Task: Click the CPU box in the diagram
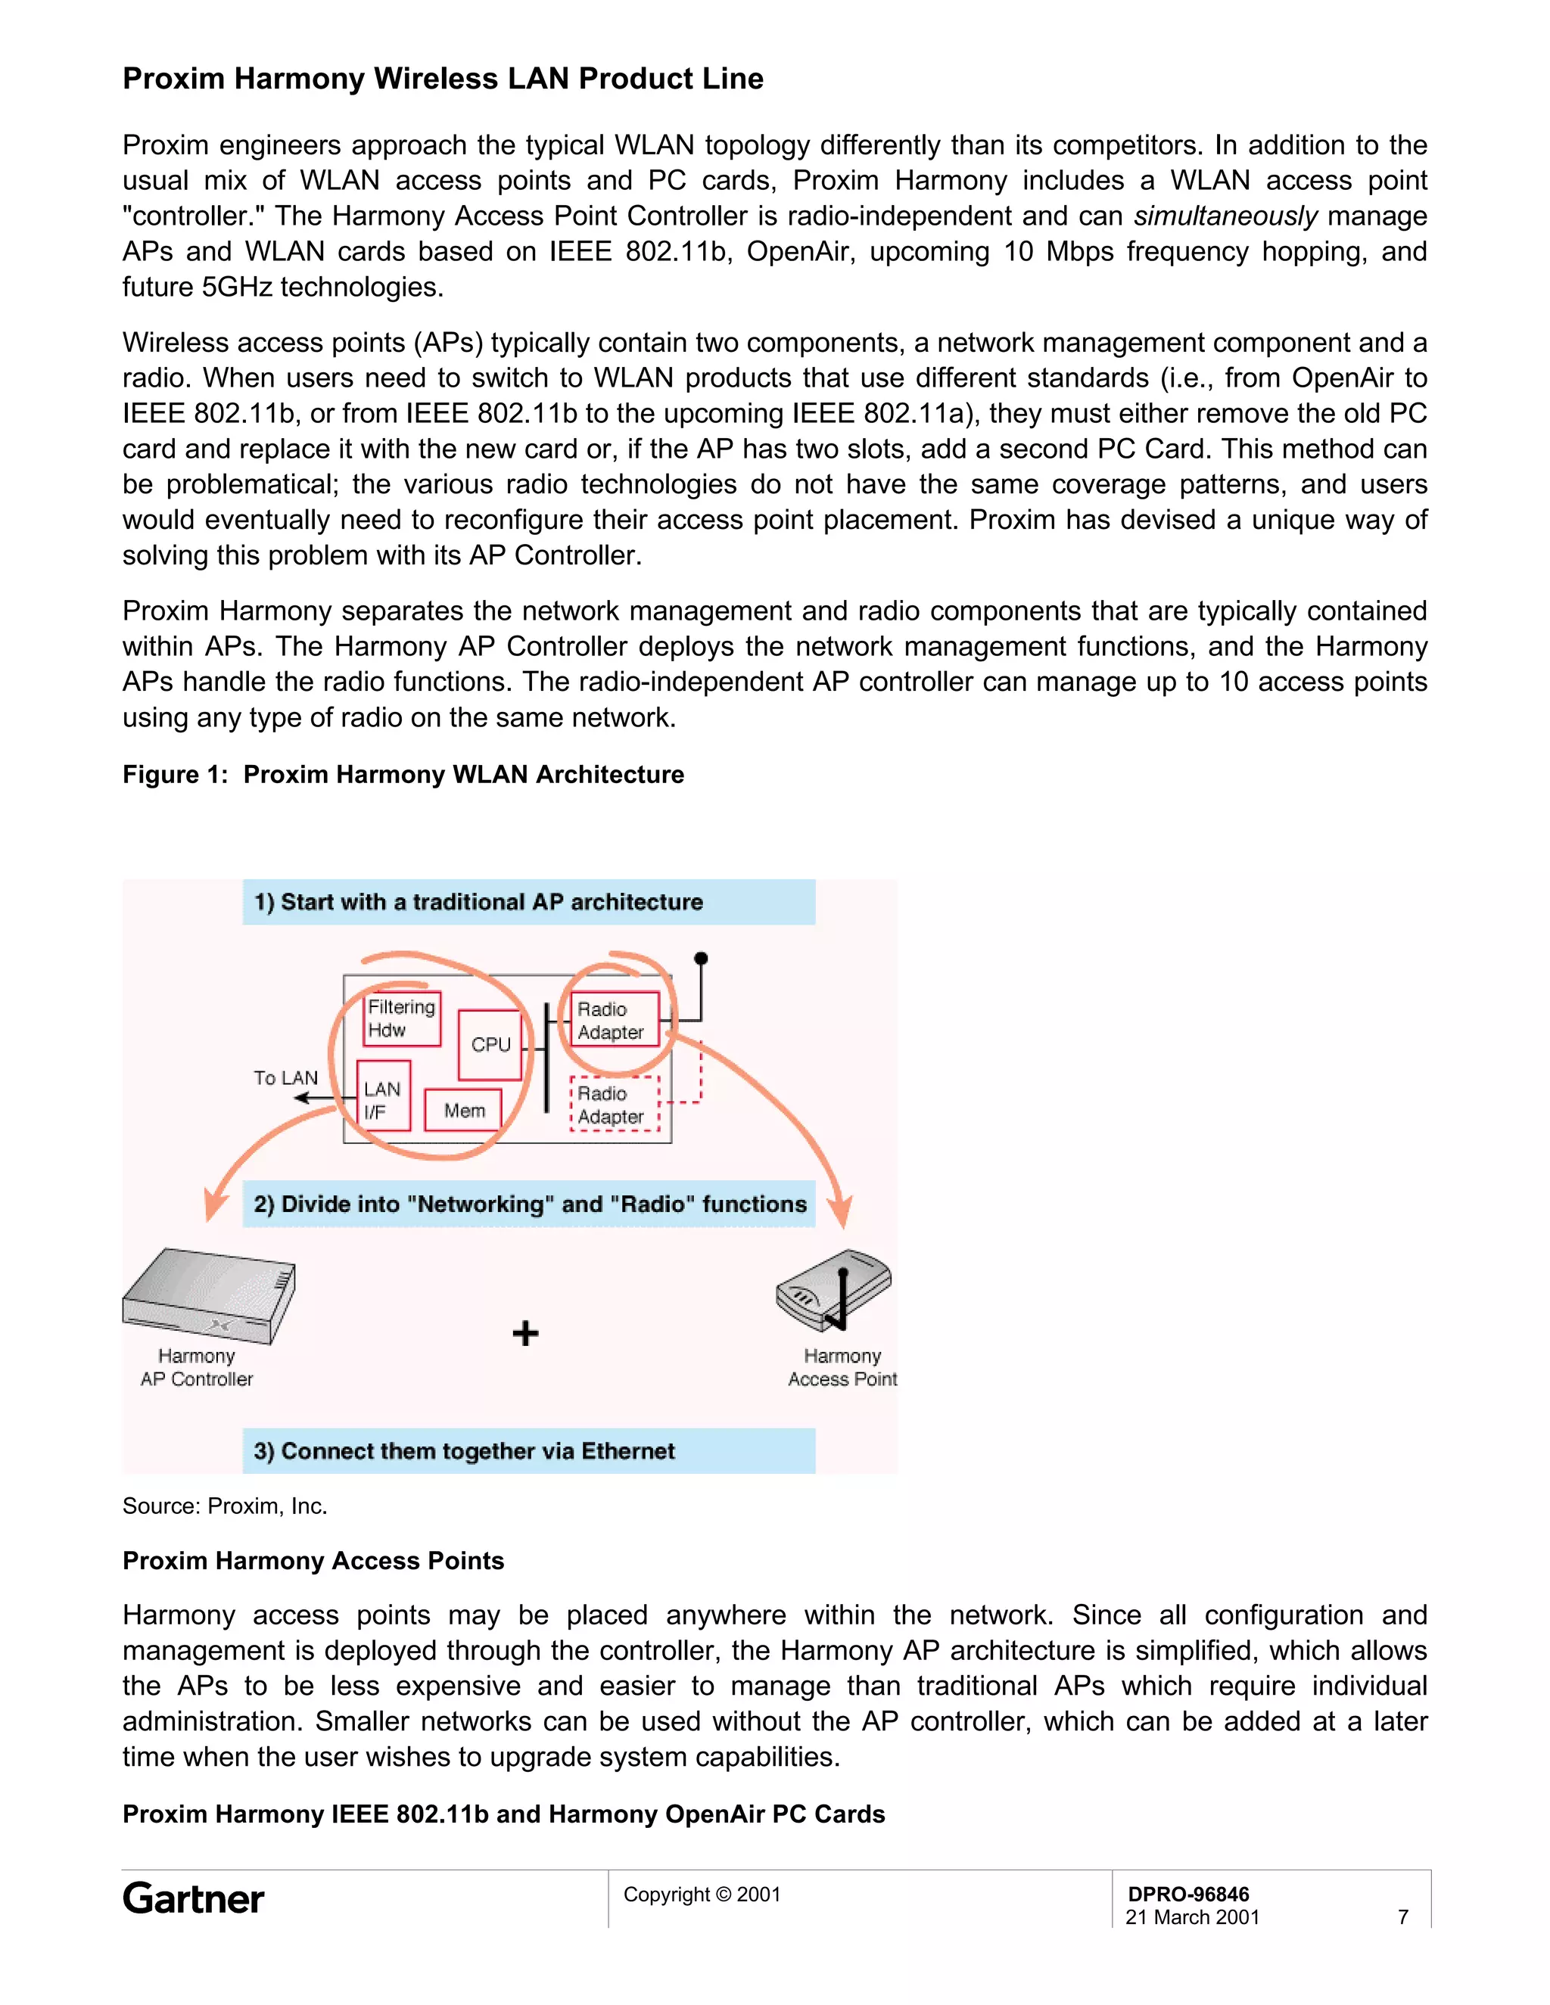click(x=490, y=1045)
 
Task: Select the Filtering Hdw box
click(x=402, y=1018)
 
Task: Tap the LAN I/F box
click(x=382, y=1101)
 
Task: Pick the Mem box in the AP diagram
click(x=464, y=1111)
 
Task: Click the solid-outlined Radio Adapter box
click(x=613, y=1020)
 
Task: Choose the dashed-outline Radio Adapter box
click(x=613, y=1105)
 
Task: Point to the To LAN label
click(x=285, y=1077)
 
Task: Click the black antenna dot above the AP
click(x=701, y=959)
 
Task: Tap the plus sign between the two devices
click(x=525, y=1333)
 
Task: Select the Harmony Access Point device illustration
click(x=833, y=1290)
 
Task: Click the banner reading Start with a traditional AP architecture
click(x=528, y=903)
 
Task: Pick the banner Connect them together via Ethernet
click(x=528, y=1450)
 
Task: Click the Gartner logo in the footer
click(x=194, y=1898)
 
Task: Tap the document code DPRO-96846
click(x=1188, y=1894)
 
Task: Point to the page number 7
click(x=1402, y=1917)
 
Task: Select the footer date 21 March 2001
click(x=1192, y=1917)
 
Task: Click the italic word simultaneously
click(x=1225, y=216)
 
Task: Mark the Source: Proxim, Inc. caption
click(x=225, y=1506)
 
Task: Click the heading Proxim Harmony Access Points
click(x=313, y=1561)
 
